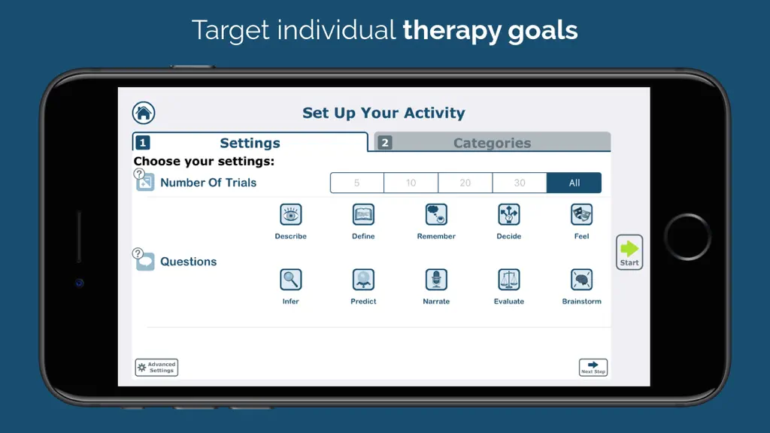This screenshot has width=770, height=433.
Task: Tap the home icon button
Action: point(144,113)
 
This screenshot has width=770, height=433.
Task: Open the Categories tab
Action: point(493,142)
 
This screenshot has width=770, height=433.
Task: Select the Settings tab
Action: point(250,142)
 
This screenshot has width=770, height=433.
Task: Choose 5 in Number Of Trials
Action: point(357,183)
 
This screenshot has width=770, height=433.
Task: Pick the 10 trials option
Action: point(411,183)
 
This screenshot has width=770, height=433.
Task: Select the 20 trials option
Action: point(465,183)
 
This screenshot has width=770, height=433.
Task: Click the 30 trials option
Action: point(520,183)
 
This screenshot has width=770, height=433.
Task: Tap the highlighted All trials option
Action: point(574,183)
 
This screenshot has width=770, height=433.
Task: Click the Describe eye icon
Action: point(291,214)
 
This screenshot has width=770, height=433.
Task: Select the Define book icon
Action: point(363,214)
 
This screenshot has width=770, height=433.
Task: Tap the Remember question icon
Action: point(436,214)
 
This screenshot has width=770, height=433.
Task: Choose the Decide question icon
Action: point(509,214)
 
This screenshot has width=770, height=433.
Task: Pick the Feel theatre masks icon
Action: point(581,214)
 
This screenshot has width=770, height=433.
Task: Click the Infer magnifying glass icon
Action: point(291,280)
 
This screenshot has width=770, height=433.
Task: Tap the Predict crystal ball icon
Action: point(363,280)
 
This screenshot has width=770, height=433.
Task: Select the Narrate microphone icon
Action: point(436,280)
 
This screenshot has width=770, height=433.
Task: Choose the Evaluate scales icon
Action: point(509,280)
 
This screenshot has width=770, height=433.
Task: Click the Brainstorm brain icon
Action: point(581,280)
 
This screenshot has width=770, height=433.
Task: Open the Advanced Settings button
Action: point(156,367)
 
